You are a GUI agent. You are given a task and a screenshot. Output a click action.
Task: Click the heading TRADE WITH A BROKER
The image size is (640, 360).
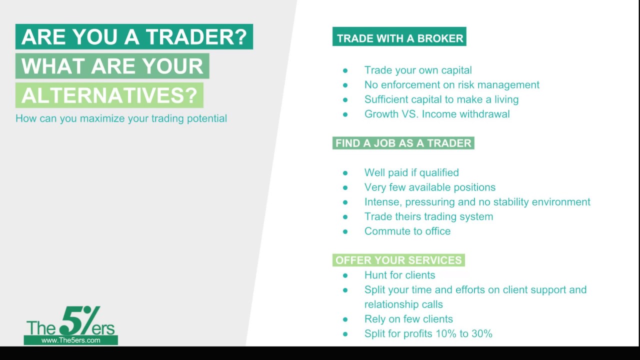point(399,38)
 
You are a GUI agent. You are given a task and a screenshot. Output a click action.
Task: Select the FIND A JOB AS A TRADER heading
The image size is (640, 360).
point(403,143)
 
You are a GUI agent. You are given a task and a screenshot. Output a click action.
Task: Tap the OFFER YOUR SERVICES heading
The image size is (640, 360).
point(398,260)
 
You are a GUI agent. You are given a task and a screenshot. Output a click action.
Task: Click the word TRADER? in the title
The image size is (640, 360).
point(196,37)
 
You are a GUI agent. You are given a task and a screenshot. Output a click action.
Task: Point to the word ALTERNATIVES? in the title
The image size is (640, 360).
point(109,95)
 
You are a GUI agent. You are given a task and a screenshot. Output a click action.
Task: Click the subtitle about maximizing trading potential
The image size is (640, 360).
point(121,118)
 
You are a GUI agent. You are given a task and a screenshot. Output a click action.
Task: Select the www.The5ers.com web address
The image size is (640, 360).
point(70,340)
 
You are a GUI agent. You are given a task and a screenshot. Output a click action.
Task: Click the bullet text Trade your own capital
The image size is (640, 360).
point(417,70)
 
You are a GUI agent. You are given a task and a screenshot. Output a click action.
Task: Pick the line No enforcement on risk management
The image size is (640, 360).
point(451,85)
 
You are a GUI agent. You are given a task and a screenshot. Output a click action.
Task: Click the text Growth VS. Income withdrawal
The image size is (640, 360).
point(436,114)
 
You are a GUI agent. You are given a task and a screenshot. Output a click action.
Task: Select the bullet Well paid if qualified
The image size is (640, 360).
point(411,172)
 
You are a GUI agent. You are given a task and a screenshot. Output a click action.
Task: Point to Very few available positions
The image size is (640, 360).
point(429,187)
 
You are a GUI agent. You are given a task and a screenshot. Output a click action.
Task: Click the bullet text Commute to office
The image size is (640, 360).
point(407,231)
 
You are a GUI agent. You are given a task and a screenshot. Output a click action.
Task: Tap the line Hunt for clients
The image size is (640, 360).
point(399,275)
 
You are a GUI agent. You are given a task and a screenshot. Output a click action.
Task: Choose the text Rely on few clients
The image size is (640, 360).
point(408,319)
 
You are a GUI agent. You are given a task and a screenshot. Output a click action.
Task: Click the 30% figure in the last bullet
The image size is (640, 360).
point(480,333)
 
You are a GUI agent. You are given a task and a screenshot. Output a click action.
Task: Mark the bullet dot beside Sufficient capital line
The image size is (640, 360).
point(345,100)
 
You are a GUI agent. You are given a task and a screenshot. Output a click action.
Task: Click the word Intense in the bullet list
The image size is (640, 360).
point(382,202)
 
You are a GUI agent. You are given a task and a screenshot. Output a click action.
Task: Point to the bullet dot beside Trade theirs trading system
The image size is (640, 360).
point(345,217)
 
